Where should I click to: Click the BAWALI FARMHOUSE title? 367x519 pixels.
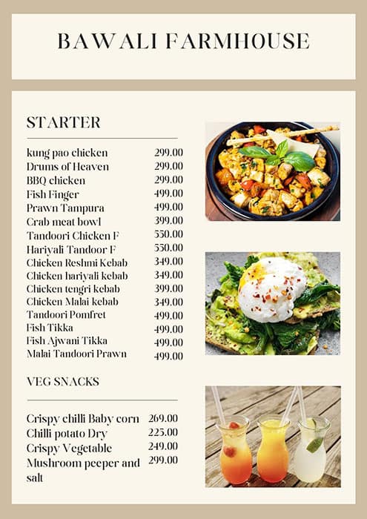[x=183, y=41]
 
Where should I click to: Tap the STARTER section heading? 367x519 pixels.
[x=63, y=122]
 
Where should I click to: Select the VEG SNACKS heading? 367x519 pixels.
[x=62, y=382]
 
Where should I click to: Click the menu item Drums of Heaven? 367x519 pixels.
[x=67, y=167]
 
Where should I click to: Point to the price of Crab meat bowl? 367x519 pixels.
[x=168, y=221]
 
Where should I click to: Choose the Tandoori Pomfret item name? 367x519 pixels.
[x=66, y=315]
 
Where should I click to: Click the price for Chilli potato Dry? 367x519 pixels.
[x=162, y=432]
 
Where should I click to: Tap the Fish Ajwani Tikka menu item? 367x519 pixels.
[x=67, y=341]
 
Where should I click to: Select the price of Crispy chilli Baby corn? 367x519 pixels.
[x=162, y=418]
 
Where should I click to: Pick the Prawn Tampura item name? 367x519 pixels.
[x=65, y=208]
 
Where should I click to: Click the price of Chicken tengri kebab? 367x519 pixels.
[x=168, y=288]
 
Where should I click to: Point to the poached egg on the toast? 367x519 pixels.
[x=271, y=289]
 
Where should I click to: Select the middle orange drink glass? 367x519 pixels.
[x=272, y=450]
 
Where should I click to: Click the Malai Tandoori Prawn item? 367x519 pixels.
[x=76, y=354]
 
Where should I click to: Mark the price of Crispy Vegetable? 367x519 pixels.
[x=162, y=446]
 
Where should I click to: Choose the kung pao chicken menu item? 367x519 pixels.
[x=67, y=153]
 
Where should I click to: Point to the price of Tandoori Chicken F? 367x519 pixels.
[x=168, y=234]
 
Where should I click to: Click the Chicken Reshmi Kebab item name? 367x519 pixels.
[x=77, y=262]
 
